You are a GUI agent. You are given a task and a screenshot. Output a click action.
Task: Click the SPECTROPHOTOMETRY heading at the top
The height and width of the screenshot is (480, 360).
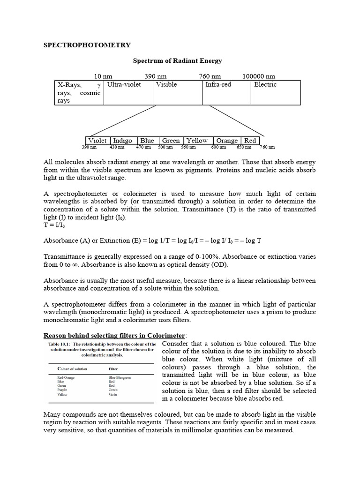(87, 45)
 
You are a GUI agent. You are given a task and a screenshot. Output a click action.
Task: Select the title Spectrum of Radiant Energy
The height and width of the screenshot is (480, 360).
(178, 61)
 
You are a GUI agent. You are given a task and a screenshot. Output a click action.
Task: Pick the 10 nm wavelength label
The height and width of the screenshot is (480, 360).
(103, 76)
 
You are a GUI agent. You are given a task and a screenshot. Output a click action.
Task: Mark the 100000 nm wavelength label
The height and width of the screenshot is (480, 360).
(259, 76)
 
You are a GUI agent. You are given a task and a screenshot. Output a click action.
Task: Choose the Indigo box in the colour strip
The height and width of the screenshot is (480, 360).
(123, 141)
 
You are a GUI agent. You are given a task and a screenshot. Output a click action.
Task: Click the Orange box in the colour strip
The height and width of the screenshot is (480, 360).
(227, 141)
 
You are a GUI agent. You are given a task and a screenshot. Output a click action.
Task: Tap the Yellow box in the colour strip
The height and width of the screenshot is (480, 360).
(197, 141)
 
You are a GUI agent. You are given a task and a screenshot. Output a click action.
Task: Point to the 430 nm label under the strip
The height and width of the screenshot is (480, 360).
(117, 147)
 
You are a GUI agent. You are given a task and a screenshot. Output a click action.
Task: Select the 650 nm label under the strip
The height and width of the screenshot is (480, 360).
(244, 147)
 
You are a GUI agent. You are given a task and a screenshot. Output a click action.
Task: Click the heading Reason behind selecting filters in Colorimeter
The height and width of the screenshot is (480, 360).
(114, 336)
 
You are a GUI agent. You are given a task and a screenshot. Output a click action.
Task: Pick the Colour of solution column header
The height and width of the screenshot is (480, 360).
(72, 369)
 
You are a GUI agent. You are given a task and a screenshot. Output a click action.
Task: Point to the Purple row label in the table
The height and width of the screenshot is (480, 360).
(62, 390)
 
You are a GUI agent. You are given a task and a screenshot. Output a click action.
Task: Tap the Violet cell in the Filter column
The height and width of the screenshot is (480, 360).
(113, 394)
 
